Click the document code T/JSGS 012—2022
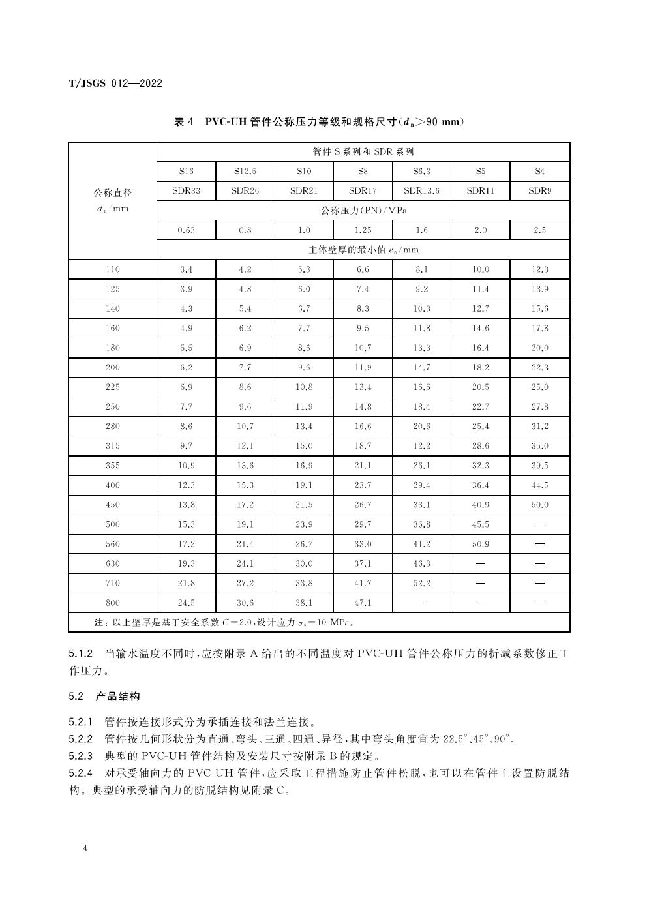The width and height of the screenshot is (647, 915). click(115, 83)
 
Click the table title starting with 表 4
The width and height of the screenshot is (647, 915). click(319, 122)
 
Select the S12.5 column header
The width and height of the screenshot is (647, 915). click(245, 172)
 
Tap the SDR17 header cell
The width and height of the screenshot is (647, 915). click(363, 191)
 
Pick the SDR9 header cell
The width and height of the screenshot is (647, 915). click(539, 191)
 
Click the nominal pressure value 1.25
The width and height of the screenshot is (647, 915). click(363, 230)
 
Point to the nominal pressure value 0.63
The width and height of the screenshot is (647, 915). click(187, 230)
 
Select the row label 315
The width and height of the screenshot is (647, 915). click(113, 446)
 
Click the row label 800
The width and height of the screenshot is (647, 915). click(113, 603)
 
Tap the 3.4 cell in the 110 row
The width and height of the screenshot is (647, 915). click(187, 269)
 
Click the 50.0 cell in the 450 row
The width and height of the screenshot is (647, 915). click(539, 505)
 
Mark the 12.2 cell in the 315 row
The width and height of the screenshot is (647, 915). click(421, 446)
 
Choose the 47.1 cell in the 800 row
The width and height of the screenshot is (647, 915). click(363, 603)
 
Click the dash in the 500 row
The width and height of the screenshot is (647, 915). click(539, 524)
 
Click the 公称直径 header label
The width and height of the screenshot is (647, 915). click(113, 193)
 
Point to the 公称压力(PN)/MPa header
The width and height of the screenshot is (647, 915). click(363, 211)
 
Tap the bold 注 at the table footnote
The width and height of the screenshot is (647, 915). click(99, 623)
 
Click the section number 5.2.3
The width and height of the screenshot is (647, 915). click(82, 757)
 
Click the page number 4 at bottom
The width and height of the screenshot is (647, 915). click(86, 848)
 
